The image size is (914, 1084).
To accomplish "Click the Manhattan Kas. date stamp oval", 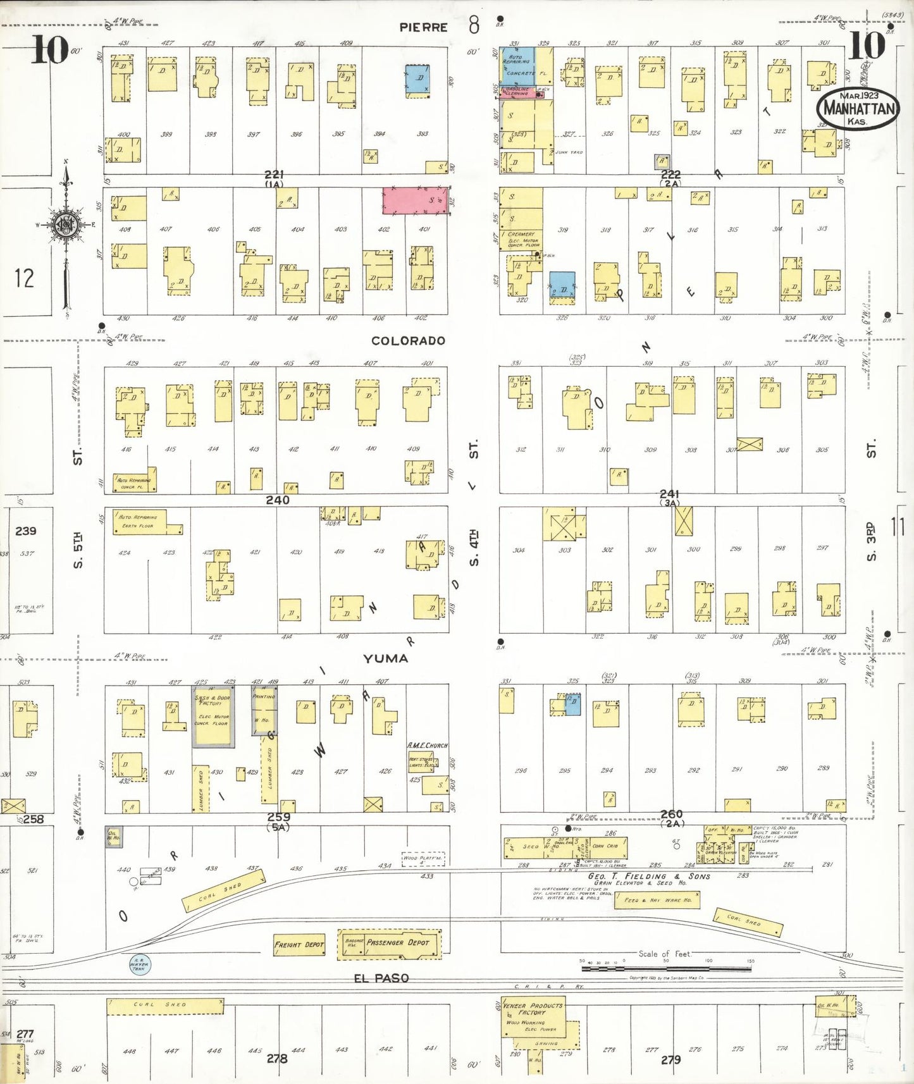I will point(858,109).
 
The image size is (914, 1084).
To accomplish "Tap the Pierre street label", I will point(423,27).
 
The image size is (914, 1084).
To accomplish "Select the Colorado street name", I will point(408,341).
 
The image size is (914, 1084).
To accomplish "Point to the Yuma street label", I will point(385,658).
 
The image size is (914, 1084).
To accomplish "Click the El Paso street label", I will point(381,978).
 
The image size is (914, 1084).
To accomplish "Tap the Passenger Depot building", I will point(390,943).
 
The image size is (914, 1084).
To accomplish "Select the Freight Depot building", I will point(299,944).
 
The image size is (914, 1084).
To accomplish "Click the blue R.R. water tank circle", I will point(139,964).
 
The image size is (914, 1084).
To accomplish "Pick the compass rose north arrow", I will point(66,228).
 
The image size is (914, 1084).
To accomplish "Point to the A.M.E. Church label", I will point(427,746).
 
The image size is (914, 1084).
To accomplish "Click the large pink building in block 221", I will point(415,200).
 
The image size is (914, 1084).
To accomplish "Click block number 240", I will point(277,500).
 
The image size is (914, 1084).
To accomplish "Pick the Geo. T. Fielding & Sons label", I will point(649,876).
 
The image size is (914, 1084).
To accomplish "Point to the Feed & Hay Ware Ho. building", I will point(657,900).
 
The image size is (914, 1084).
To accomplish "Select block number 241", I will point(669,493).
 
